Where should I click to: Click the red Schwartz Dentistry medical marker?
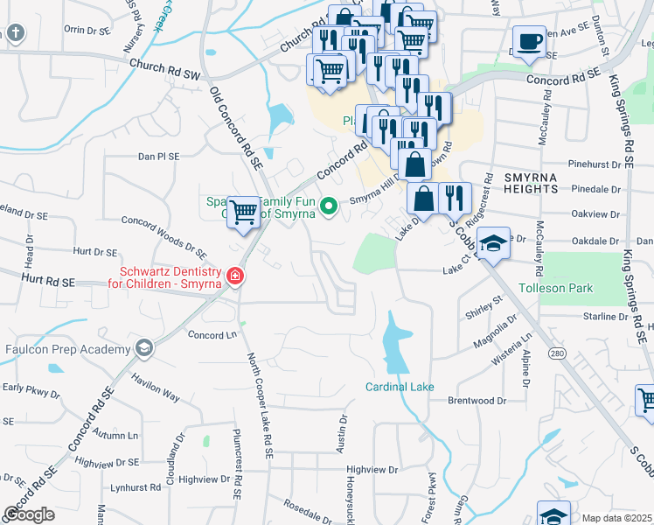(234, 277)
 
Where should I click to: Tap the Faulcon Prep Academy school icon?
(144, 349)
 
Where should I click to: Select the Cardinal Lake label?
(400, 386)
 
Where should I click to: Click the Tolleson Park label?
(556, 288)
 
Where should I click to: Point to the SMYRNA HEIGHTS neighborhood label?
(531, 182)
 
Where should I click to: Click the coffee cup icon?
(528, 42)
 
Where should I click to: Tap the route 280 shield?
(556, 353)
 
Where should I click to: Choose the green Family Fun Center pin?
(329, 206)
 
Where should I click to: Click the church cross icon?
(15, 34)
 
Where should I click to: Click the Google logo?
(29, 514)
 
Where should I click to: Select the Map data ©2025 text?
(616, 518)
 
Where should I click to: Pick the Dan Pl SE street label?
(158, 156)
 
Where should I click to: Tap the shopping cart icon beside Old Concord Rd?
(244, 211)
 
